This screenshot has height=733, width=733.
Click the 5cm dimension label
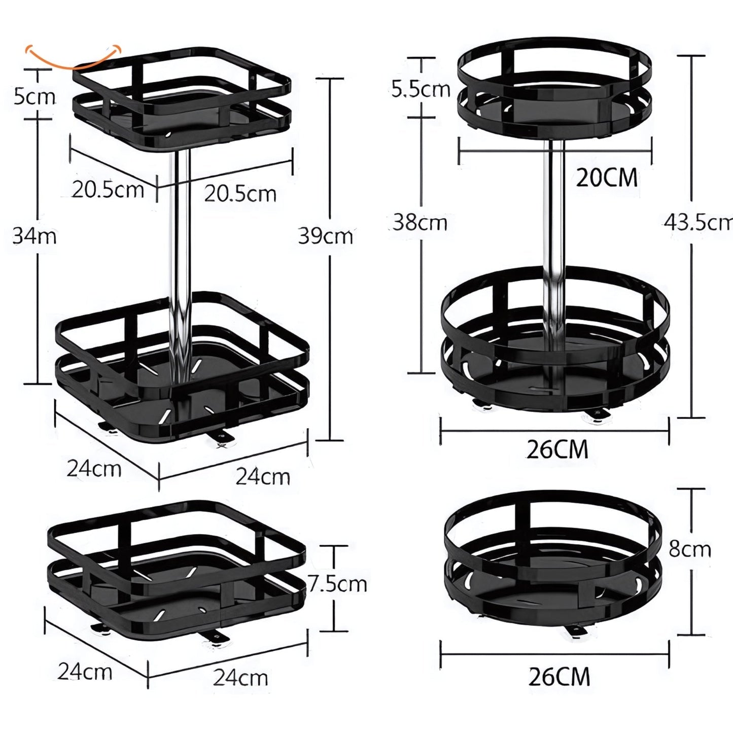[34, 96]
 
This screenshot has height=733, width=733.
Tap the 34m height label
[34, 236]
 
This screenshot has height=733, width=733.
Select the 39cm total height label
[326, 236]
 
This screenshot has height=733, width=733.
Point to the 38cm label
[420, 222]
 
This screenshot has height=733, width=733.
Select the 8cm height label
[690, 549]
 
